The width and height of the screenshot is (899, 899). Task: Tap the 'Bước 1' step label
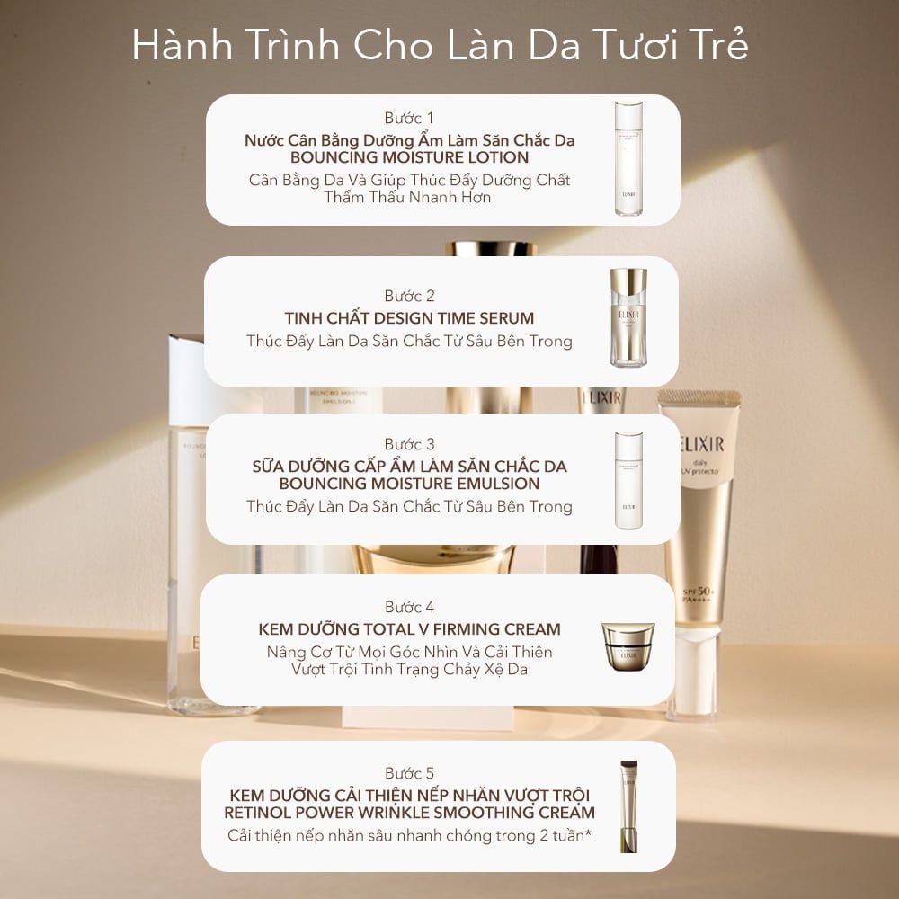pos(409,118)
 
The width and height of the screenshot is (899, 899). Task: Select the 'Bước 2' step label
pos(409,296)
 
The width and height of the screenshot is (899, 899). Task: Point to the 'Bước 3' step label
pos(409,444)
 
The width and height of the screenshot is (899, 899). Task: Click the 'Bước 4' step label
pos(409,607)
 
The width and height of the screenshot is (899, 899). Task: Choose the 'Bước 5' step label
pos(409,773)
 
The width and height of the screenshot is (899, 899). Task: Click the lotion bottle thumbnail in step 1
pos(628,159)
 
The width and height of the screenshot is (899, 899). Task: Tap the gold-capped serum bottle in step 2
pos(628,318)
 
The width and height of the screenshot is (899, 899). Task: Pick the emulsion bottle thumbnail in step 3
pos(628,479)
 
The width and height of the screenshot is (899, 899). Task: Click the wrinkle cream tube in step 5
pos(628,806)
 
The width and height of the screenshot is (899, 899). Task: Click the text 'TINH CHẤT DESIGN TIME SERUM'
pos(409,318)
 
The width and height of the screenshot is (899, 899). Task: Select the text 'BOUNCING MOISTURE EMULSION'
pos(409,484)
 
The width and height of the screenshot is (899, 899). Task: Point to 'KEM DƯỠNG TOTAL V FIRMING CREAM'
pos(409,629)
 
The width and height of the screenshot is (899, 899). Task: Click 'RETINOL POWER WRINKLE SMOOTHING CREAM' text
pos(409,813)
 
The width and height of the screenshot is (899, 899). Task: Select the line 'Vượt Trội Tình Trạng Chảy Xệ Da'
pos(409,669)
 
